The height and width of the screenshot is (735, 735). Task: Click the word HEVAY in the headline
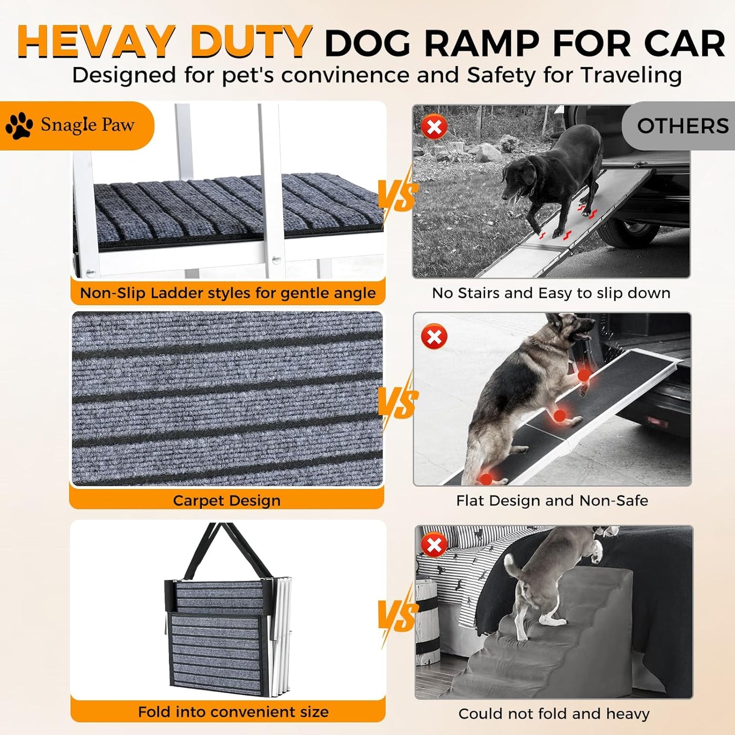tap(96, 42)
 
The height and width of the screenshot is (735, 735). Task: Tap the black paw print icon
tap(19, 125)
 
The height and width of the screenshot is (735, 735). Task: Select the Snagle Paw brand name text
tap(87, 125)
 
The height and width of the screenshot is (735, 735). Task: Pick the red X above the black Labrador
tap(434, 127)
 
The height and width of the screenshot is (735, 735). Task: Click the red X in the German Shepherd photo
tap(434, 337)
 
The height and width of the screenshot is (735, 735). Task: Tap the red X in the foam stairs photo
tap(434, 545)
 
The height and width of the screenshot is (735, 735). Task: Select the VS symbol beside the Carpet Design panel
tap(397, 402)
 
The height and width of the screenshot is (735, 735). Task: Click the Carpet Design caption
tap(226, 501)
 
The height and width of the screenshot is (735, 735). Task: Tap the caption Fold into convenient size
tap(233, 712)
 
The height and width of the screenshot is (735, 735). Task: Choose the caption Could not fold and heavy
tap(553, 714)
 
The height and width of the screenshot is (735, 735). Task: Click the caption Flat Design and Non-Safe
tap(552, 501)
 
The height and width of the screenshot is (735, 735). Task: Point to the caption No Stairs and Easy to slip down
tap(551, 293)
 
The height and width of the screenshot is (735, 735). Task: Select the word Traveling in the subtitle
tap(631, 75)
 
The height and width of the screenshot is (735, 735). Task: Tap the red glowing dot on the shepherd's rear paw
tap(486, 479)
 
